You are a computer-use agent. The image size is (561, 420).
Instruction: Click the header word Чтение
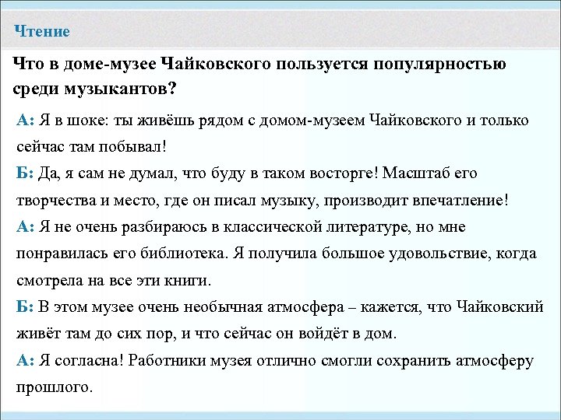43,32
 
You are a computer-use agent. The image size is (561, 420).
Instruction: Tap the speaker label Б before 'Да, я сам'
22,173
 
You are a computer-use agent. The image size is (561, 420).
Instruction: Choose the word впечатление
463,199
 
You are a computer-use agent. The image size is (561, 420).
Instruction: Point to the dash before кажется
351,306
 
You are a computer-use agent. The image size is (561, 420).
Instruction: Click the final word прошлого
55,387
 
